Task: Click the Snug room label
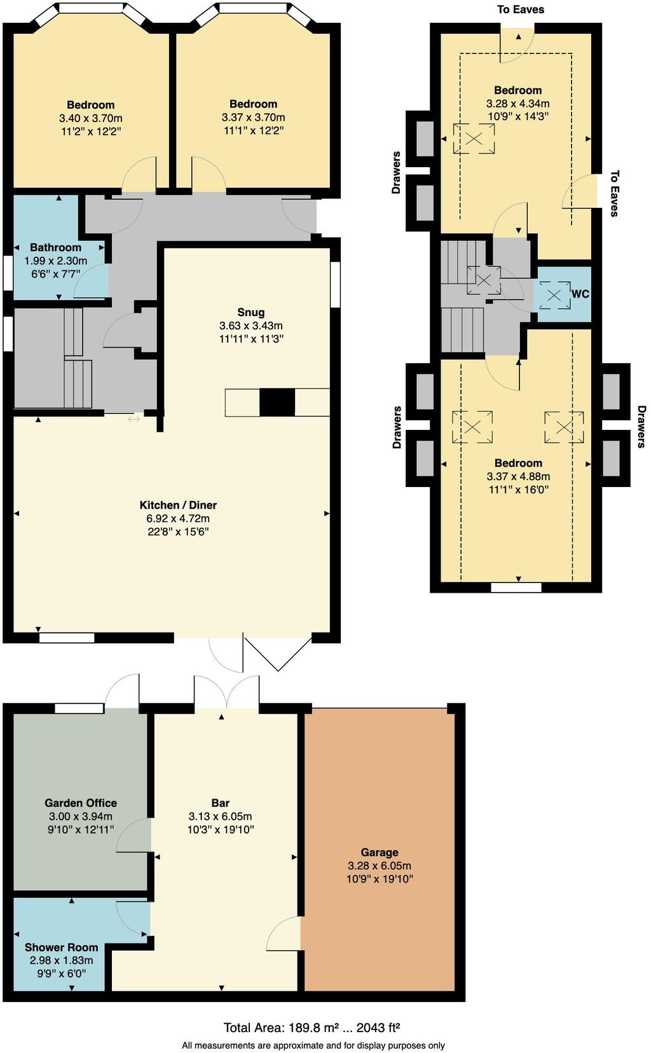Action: tap(250, 312)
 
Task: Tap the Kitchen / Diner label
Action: tap(178, 505)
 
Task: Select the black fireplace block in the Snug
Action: tap(277, 403)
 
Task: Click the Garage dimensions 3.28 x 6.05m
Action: tap(379, 865)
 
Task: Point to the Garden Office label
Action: tap(81, 803)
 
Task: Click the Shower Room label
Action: tap(61, 947)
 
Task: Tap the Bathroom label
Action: tap(55, 247)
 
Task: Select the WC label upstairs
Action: tap(580, 294)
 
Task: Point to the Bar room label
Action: tap(220, 803)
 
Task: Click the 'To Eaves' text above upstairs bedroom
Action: tap(520, 10)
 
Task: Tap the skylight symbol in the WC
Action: tap(554, 295)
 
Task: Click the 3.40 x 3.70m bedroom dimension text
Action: tap(90, 118)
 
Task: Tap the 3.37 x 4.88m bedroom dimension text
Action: tap(518, 476)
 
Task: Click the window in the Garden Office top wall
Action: tap(79, 708)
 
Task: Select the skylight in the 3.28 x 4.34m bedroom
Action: tap(474, 139)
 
